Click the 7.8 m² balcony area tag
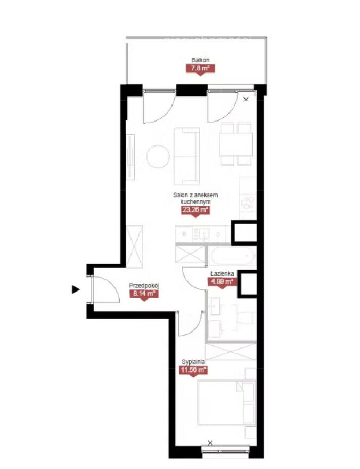pyautogui.click(x=200, y=69)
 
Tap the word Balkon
pyautogui.click(x=200, y=60)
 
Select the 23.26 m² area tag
pyautogui.click(x=195, y=210)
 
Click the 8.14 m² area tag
pyautogui.click(x=144, y=294)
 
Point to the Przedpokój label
pyautogui.click(x=144, y=285)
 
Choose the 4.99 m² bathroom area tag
pyautogui.click(x=222, y=281)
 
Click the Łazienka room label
pyautogui.click(x=222, y=273)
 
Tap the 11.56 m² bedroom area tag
pyautogui.click(x=193, y=370)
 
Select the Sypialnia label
pyautogui.click(x=193, y=362)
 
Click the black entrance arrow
pyautogui.click(x=76, y=289)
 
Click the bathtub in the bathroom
pyautogui.click(x=232, y=256)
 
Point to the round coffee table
pyautogui.click(x=158, y=157)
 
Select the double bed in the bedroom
pyautogui.click(x=226, y=402)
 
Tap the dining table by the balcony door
pyautogui.click(x=236, y=144)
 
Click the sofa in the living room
pyautogui.click(x=187, y=157)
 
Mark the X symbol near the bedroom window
pyautogui.click(x=210, y=443)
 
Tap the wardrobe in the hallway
pyautogui.click(x=134, y=246)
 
